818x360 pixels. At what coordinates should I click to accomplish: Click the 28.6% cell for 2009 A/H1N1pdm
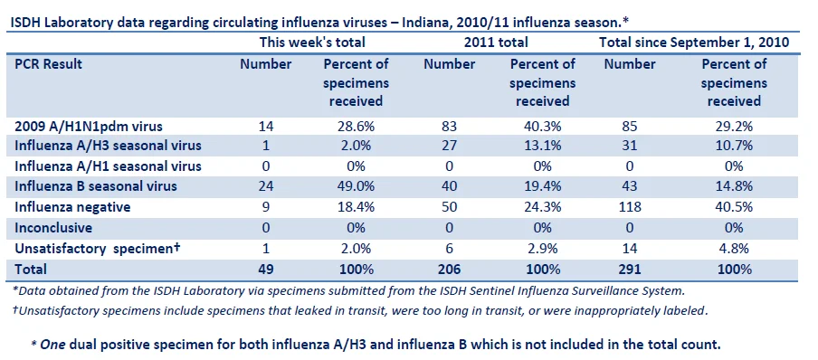(356, 127)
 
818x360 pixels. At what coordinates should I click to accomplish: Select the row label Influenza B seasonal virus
(96, 186)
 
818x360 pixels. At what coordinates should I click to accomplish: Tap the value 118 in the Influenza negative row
(630, 207)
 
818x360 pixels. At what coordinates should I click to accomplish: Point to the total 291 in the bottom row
(630, 270)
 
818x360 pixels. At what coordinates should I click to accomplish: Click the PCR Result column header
(49, 64)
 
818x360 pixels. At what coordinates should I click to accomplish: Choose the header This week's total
(312, 42)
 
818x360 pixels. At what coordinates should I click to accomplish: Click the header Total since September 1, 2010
(694, 42)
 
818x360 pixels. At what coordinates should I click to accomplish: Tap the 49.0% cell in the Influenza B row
(356, 186)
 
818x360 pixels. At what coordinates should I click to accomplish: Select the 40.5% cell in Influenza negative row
(734, 207)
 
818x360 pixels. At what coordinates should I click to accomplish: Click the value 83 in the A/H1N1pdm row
(449, 127)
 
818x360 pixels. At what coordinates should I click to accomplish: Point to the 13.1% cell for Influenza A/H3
(543, 146)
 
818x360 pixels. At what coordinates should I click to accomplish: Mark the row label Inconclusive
(53, 228)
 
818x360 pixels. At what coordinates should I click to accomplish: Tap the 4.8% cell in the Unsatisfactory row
(734, 249)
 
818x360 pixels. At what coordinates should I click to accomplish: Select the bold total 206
(449, 270)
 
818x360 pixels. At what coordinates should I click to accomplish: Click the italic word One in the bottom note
(51, 345)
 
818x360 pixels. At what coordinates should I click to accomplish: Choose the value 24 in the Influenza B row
(265, 186)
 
